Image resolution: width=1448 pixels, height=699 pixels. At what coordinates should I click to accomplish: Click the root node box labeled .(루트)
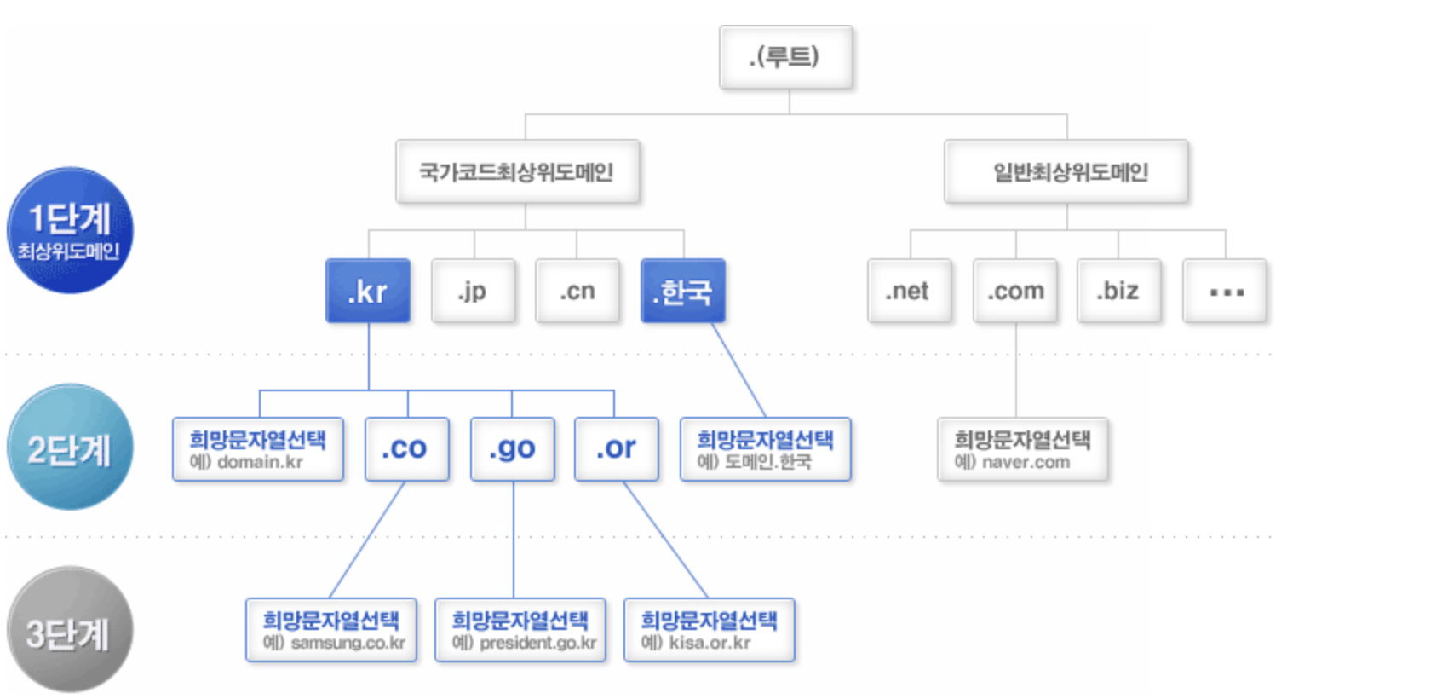pyautogui.click(x=785, y=57)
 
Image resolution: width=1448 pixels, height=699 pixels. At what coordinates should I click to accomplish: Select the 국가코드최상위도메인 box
pyautogui.click(x=517, y=171)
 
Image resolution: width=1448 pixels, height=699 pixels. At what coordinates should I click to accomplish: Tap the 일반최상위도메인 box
pyautogui.click(x=1066, y=171)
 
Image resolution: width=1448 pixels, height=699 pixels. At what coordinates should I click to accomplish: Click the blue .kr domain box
pyautogui.click(x=368, y=291)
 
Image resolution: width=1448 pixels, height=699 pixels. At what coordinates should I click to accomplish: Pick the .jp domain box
pyautogui.click(x=474, y=291)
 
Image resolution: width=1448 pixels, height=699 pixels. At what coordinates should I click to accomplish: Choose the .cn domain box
pyautogui.click(x=577, y=291)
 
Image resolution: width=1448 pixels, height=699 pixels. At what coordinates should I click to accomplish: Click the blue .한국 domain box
pyautogui.click(x=682, y=291)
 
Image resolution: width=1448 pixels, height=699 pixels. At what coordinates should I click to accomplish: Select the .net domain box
pyautogui.click(x=909, y=291)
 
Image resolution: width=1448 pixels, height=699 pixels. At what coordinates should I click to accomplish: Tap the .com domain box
pyautogui.click(x=1014, y=291)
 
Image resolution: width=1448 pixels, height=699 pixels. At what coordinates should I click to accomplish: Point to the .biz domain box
pyautogui.click(x=1118, y=291)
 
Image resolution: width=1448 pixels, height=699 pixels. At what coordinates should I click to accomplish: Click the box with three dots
pyautogui.click(x=1225, y=291)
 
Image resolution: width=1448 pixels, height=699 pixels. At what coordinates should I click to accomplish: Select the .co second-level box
pyautogui.click(x=406, y=448)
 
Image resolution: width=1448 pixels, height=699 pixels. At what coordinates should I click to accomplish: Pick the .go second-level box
pyautogui.click(x=513, y=448)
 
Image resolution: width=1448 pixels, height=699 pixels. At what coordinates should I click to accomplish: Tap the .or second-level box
pyautogui.click(x=617, y=448)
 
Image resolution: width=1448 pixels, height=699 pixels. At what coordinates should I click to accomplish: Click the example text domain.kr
pyautogui.click(x=259, y=462)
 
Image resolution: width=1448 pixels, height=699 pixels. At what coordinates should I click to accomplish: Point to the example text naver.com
pyautogui.click(x=1025, y=462)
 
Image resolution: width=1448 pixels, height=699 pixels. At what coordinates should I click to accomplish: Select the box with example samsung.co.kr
pyautogui.click(x=331, y=630)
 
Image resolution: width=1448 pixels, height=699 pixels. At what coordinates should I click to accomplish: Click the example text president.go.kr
pyautogui.click(x=537, y=643)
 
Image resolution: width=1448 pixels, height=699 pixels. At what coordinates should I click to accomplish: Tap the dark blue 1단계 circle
pyautogui.click(x=70, y=230)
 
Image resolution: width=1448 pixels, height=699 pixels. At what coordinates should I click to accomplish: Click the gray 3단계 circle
pyautogui.click(x=70, y=630)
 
